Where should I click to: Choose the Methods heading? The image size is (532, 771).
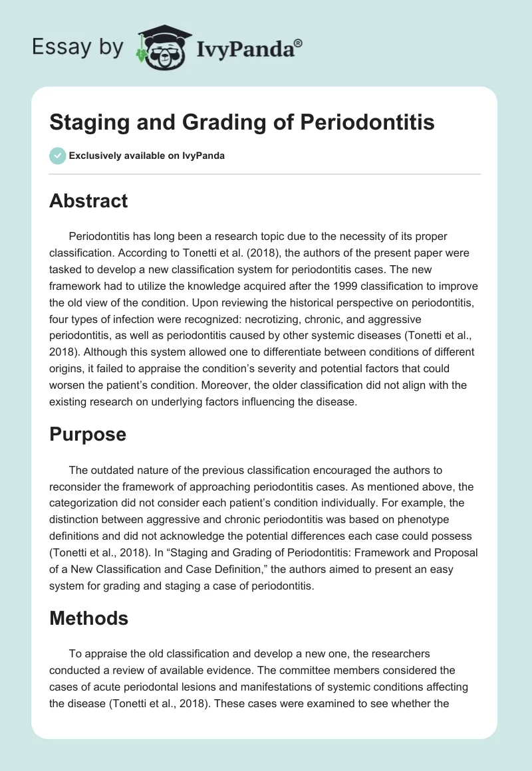pos(88,618)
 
